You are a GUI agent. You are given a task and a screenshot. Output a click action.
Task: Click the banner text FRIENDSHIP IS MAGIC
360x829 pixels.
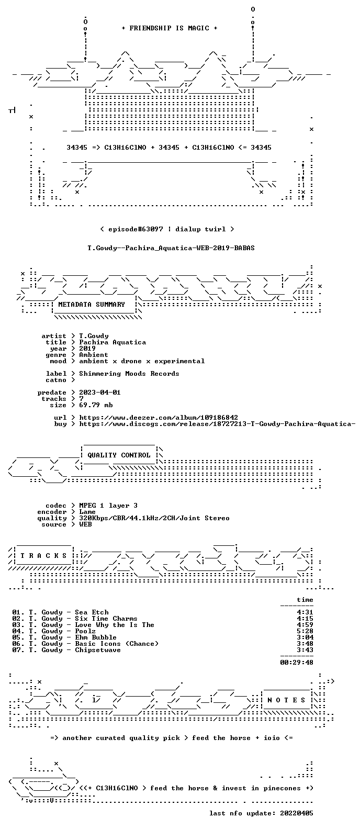pyautogui.click(x=170, y=28)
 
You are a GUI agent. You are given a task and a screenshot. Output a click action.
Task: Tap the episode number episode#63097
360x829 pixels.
pyautogui.click(x=136, y=229)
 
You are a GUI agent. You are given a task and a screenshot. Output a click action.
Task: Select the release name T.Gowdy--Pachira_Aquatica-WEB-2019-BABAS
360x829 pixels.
pyautogui.click(x=171, y=248)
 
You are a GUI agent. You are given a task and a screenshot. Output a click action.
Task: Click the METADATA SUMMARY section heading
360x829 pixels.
pyautogui.click(x=92, y=305)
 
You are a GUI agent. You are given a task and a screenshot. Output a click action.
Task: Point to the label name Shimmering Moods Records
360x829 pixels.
pyautogui.click(x=129, y=374)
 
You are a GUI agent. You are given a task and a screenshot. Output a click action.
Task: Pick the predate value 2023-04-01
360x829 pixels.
pyautogui.click(x=100, y=393)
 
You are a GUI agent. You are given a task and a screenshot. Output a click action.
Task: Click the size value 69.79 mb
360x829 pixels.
pyautogui.click(x=96, y=405)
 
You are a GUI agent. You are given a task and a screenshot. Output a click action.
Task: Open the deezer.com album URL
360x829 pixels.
pyautogui.click(x=159, y=418)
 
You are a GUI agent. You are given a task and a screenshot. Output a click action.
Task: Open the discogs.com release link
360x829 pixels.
pyautogui.click(x=217, y=424)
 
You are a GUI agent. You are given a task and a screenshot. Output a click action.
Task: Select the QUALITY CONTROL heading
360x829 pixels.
pyautogui.click(x=119, y=455)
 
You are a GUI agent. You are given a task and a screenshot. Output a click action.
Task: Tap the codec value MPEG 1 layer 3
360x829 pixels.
pyautogui.click(x=108, y=506)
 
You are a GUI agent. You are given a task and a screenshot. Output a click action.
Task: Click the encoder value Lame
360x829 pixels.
pyautogui.click(x=87, y=512)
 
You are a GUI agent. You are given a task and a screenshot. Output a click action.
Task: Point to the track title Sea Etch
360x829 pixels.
pyautogui.click(x=92, y=612)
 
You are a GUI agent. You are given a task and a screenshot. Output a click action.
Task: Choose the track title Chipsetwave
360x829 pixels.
pyautogui.click(x=98, y=650)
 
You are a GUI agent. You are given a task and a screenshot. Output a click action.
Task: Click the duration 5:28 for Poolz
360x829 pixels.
pyautogui.click(x=305, y=631)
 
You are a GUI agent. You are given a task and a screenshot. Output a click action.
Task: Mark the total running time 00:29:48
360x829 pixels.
pyautogui.click(x=296, y=663)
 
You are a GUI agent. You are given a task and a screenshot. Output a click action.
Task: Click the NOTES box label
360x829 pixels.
pyautogui.click(x=286, y=700)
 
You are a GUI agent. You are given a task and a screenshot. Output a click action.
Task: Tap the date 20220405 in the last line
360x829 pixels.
pyautogui.click(x=296, y=813)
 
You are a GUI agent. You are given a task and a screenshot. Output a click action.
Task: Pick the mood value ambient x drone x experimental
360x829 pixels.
pyautogui.click(x=142, y=361)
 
